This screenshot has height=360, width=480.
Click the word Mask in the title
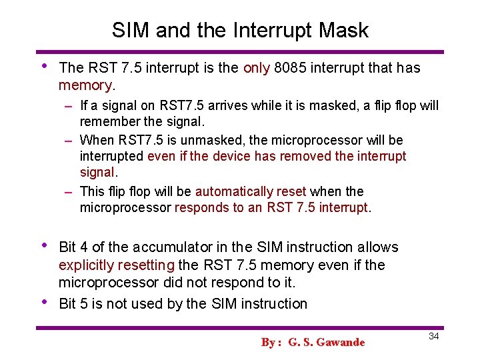[343, 30]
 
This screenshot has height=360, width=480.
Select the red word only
[256, 67]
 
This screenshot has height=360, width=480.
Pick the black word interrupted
[111, 156]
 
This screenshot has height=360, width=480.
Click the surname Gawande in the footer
[341, 342]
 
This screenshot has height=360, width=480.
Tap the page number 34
[433, 336]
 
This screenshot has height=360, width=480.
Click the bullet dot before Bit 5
[43, 301]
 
